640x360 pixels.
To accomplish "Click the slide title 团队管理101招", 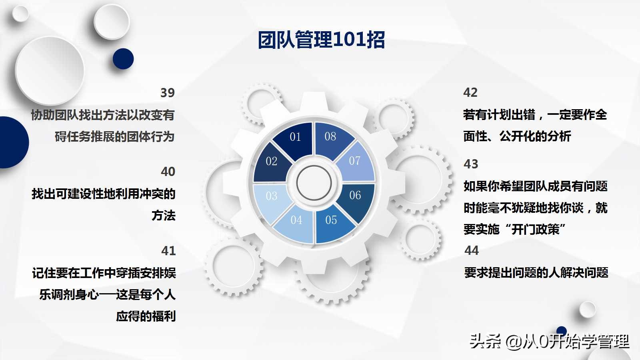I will pos(321,40).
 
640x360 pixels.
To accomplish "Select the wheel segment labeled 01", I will pos(295,138).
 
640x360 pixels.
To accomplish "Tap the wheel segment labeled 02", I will pos(271,162).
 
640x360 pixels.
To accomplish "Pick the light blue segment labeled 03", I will pos(271,196).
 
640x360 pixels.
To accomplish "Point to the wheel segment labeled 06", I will pos(355,196).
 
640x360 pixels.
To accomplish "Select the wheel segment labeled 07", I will pos(355,162).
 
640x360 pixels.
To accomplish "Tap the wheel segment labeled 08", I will pos(330,137).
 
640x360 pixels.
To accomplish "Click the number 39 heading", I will pos(168,93).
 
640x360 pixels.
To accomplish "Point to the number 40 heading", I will pos(168,172).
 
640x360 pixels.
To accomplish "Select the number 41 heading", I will pos(168,251).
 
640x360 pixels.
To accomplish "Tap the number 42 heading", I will pos(470,93).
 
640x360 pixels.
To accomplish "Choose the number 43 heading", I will pos(471,164).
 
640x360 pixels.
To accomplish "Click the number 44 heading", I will pos(472,250).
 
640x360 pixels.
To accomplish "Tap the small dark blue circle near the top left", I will pos(123,59).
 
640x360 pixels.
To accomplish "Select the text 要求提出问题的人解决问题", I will pos(536,273).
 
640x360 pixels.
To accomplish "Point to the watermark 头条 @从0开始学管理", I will pos(549,341).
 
